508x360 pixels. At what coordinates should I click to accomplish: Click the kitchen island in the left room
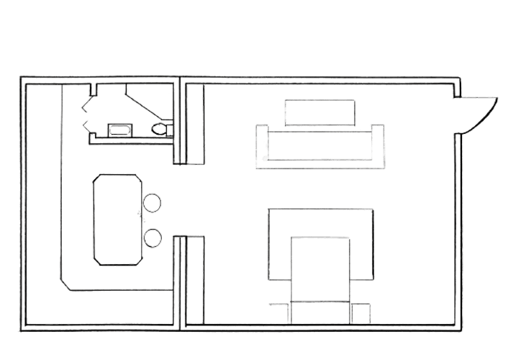click(x=117, y=220)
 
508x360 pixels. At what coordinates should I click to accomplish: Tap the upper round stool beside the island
click(x=152, y=203)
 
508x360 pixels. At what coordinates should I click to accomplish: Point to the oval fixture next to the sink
click(x=160, y=129)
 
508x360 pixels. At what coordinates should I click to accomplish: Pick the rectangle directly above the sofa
click(x=319, y=112)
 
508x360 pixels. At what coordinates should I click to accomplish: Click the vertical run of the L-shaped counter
click(x=59, y=180)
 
